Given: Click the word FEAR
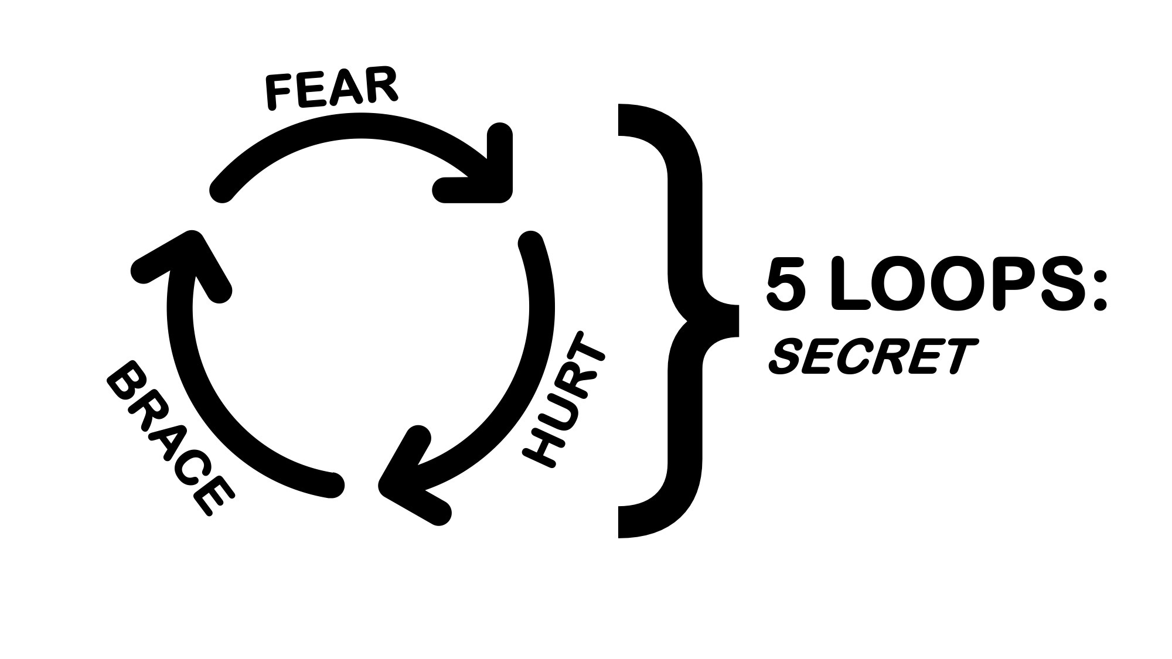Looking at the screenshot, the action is [x=332, y=89].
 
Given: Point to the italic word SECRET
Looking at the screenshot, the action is [x=873, y=357].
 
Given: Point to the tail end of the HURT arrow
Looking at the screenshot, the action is [x=531, y=243].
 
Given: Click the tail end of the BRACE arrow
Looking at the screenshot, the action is [x=332, y=485].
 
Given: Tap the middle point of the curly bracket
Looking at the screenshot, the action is [x=732, y=320].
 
